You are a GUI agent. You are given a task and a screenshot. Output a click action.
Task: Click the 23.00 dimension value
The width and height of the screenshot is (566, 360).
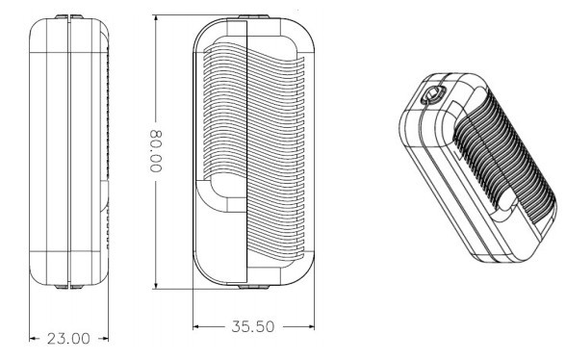pos(68,339)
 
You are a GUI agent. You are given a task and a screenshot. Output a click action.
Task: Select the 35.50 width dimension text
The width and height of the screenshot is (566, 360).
pos(252,326)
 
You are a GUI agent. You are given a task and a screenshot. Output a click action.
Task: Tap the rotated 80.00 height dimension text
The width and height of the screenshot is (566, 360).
pos(156,151)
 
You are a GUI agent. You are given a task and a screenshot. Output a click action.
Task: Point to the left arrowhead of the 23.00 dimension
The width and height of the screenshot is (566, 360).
pos(33,339)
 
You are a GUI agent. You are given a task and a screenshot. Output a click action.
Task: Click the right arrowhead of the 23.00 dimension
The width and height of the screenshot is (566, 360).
pos(104,339)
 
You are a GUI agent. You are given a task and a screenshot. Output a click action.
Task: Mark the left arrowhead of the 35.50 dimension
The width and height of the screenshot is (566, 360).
pos(197,326)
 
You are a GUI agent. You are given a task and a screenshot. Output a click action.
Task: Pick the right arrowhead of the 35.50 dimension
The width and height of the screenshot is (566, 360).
pos(310,326)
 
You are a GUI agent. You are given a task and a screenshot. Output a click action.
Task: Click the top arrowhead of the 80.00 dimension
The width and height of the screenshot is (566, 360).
pos(156,19)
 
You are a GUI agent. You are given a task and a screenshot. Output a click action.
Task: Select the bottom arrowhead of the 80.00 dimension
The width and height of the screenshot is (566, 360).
pos(156,285)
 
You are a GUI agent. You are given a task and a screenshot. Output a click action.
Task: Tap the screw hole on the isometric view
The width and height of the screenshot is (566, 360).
pos(432,94)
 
